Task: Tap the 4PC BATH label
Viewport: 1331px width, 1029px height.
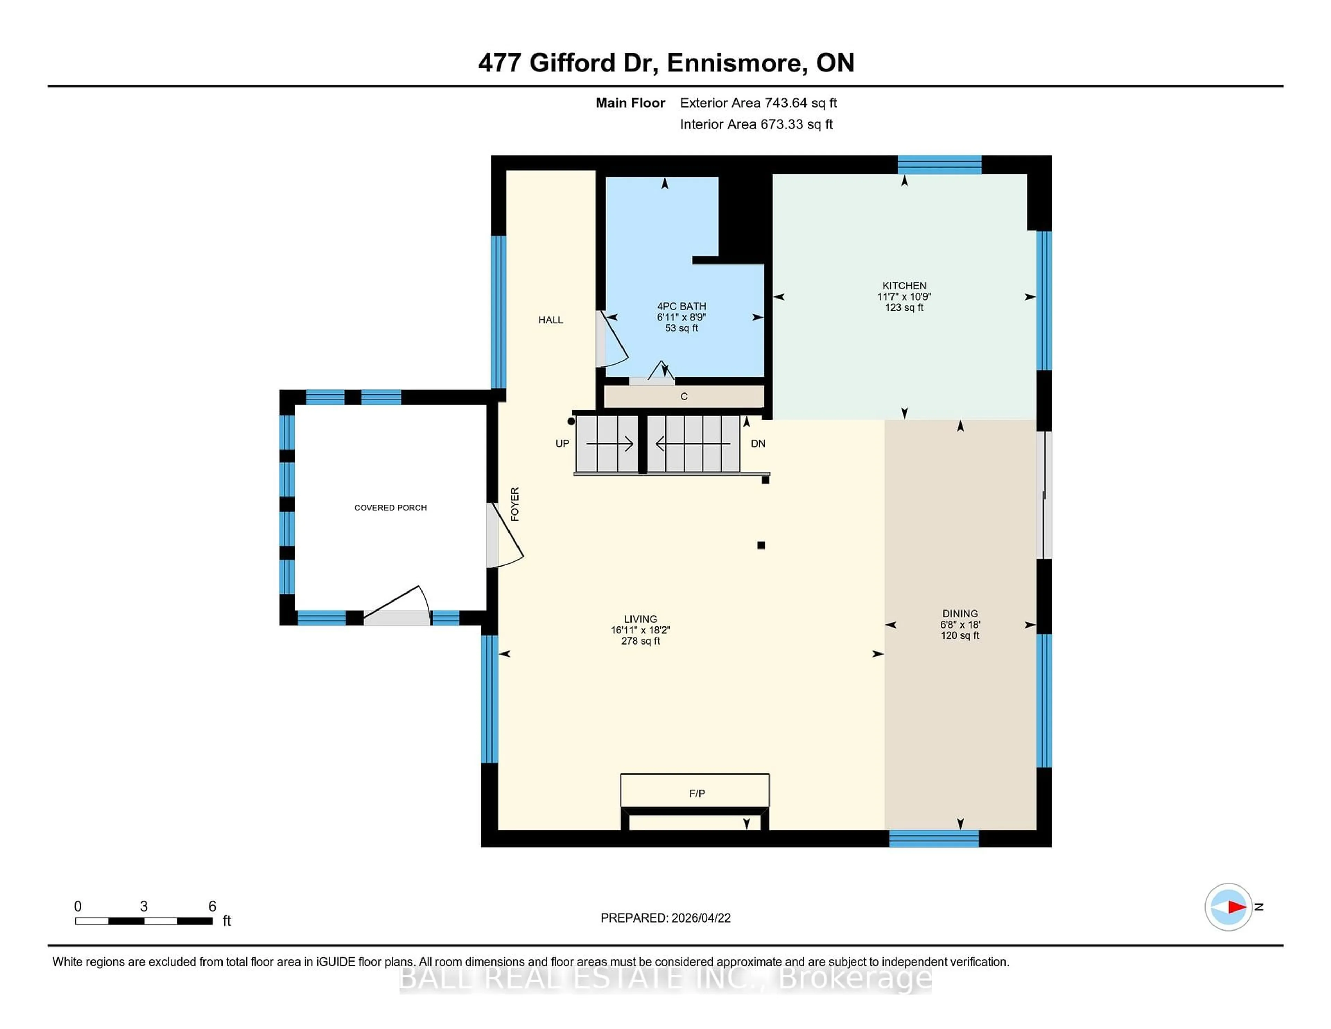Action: click(681, 306)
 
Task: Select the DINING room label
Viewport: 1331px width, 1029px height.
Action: click(960, 613)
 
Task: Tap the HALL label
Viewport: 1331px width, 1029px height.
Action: click(550, 319)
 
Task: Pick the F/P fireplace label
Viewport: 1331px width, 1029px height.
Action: click(697, 793)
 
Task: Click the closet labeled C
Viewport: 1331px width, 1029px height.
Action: click(684, 396)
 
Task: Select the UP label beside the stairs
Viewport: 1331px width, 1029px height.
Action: click(562, 443)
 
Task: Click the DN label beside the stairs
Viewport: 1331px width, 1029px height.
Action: click(757, 443)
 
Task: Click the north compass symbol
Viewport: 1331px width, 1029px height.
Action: click(1228, 907)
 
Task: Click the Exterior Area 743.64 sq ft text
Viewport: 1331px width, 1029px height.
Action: click(758, 103)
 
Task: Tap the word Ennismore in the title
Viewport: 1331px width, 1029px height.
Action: click(734, 63)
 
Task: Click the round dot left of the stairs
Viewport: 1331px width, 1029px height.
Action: click(571, 421)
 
